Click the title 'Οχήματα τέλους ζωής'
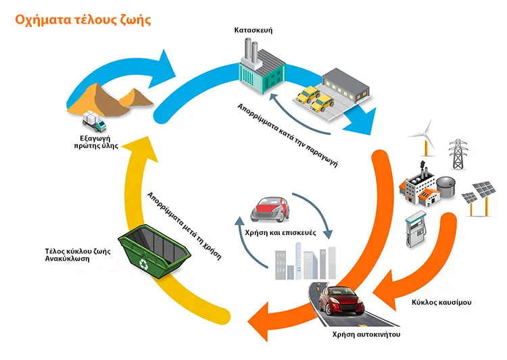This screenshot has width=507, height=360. tap(83, 20)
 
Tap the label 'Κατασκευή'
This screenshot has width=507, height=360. tap(254, 30)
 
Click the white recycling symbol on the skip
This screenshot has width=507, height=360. tap(143, 263)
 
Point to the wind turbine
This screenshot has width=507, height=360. tap(425, 139)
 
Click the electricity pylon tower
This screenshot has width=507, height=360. tap(458, 154)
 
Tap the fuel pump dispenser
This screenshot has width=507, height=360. tap(416, 230)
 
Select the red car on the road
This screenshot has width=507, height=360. tap(341, 301)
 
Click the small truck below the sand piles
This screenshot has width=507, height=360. tap(94, 121)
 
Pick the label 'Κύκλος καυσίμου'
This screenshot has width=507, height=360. tap(441, 303)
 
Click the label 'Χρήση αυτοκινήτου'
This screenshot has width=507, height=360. tap(366, 334)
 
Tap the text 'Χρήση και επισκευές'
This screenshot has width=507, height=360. tap(281, 232)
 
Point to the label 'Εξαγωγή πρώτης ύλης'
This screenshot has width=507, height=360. tap(96, 143)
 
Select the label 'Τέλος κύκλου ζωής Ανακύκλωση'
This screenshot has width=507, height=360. tap(78, 255)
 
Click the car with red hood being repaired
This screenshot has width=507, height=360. tap(270, 209)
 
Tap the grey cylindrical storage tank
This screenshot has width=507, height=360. tap(446, 187)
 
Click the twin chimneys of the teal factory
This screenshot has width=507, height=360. tap(251, 52)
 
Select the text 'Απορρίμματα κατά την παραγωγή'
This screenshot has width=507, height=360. tap(287, 136)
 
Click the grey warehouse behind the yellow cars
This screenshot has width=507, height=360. tap(345, 84)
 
